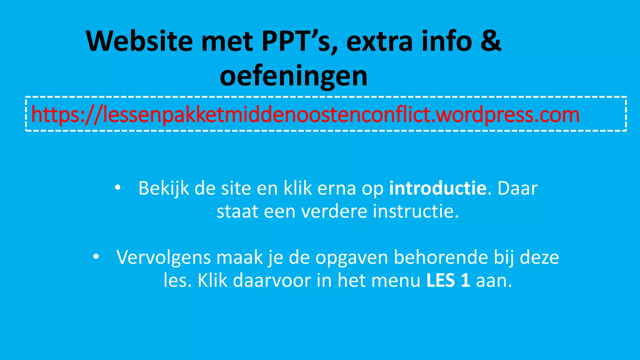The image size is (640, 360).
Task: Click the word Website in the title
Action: point(139,41)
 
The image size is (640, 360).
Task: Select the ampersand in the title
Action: point(491,41)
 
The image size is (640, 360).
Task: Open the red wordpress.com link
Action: point(305,115)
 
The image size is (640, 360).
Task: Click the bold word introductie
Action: point(437,188)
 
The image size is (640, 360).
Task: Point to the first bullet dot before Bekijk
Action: point(117,188)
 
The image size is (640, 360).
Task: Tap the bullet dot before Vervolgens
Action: point(96,257)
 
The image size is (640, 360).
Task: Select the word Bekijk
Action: point(164,188)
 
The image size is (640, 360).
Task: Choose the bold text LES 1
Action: point(448,280)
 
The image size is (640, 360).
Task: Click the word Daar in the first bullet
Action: point(517,188)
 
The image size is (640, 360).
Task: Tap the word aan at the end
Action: point(494,280)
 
